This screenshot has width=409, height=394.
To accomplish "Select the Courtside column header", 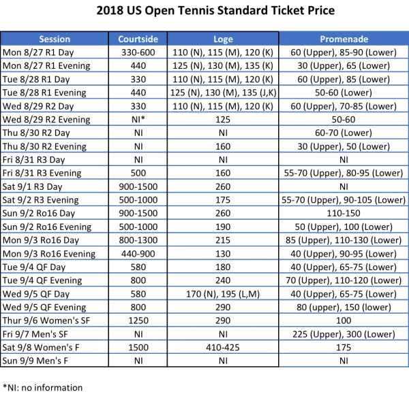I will point(140,39).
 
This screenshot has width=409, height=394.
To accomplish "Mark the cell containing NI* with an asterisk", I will point(140,120).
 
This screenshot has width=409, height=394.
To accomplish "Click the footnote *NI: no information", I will point(42,388).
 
